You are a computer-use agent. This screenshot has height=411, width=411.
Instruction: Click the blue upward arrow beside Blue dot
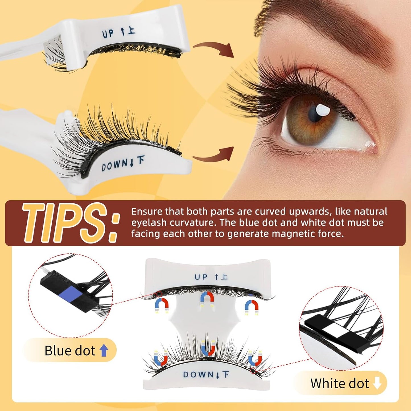click(104, 350)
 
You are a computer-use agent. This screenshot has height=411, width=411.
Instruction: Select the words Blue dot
click(70, 351)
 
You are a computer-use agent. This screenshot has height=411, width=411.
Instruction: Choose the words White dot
click(340, 383)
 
